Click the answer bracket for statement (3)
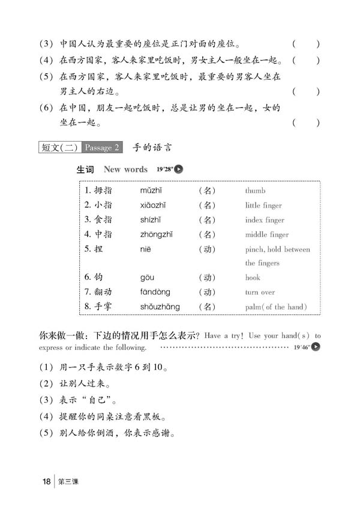[x=306, y=44]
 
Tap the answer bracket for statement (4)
[x=306, y=61]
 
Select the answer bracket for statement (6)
[x=306, y=123]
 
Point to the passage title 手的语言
[x=152, y=147]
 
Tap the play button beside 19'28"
[x=178, y=169]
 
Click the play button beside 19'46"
[x=316, y=346]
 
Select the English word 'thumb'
[x=255, y=191]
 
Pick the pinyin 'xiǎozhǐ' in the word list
[x=155, y=205]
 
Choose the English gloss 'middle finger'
[x=267, y=235]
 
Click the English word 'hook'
[x=253, y=278]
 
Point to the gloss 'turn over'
[x=260, y=292]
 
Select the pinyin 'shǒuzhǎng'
[x=160, y=307]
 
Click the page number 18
[x=46, y=481]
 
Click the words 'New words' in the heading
[x=125, y=169]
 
